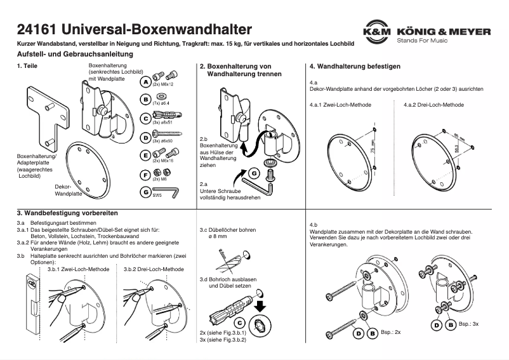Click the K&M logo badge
tap(376, 32)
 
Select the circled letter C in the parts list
tap(145, 118)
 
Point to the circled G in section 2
tap(254, 173)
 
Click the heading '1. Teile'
tap(29, 67)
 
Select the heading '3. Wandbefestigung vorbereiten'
tap(67, 213)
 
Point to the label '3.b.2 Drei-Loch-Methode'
tap(154, 269)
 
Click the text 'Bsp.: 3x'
tap(468, 324)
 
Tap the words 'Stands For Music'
tap(421, 41)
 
